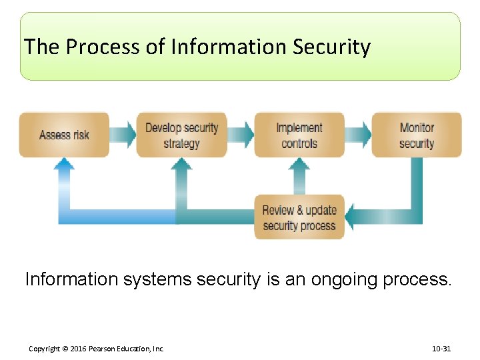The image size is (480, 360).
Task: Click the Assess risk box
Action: click(64, 135)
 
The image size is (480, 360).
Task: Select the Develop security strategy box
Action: click(181, 135)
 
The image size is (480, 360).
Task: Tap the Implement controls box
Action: click(299, 135)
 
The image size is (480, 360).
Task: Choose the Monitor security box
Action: click(417, 135)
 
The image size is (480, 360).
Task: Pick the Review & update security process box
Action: click(299, 217)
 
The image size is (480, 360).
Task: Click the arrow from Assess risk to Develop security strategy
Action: click(123, 135)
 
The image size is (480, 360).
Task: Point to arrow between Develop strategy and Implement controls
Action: click(241, 135)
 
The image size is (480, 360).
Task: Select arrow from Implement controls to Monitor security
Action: click(358, 135)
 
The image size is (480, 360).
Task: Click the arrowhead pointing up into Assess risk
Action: click(64, 164)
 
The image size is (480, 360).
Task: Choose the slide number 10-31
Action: click(442, 349)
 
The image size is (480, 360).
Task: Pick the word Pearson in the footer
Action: click(107, 349)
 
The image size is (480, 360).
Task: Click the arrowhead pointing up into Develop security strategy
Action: click(181, 164)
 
